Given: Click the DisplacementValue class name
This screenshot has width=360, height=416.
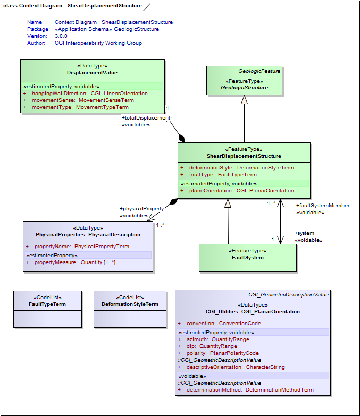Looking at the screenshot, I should click(x=92, y=72).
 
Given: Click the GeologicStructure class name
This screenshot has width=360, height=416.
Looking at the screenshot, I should click(x=244, y=87).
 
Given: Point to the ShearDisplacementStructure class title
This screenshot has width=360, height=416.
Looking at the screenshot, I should click(x=244, y=156).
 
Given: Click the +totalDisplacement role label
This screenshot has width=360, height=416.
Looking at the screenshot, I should click(x=146, y=117).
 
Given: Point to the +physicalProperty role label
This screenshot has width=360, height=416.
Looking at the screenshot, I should click(x=141, y=209).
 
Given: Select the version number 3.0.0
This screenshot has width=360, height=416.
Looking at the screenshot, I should click(x=61, y=36).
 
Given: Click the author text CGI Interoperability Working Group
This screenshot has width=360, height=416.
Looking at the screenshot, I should click(x=98, y=43).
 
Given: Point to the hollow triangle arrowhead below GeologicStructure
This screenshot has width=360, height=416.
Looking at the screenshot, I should click(x=244, y=100).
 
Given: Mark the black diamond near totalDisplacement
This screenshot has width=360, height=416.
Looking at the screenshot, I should click(x=182, y=139).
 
